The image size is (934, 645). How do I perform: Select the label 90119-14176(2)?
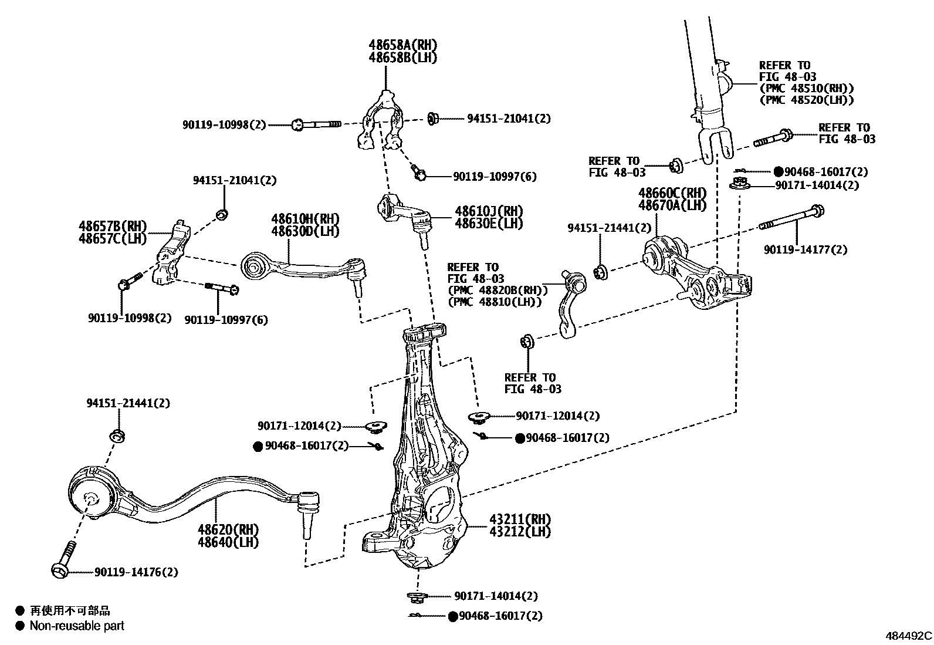pos(136,572)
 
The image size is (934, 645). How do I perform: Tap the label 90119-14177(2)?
pos(805,250)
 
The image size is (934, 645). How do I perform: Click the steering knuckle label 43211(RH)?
pos(520,520)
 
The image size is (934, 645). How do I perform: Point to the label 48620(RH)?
pos(228,530)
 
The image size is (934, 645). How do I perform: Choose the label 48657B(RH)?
pos(113,227)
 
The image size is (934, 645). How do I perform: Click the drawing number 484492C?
pos(908,636)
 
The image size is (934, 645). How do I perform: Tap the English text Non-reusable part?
pos(77,626)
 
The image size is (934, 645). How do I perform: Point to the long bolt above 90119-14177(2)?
pos(792,218)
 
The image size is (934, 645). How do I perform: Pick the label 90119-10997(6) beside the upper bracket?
pos(494,177)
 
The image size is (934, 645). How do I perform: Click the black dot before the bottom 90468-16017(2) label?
pos(452,616)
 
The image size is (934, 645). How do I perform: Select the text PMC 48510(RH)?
pos(806,89)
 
